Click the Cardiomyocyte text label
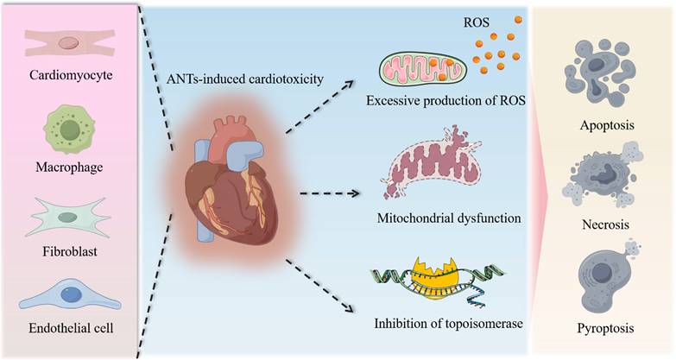(71, 75)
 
